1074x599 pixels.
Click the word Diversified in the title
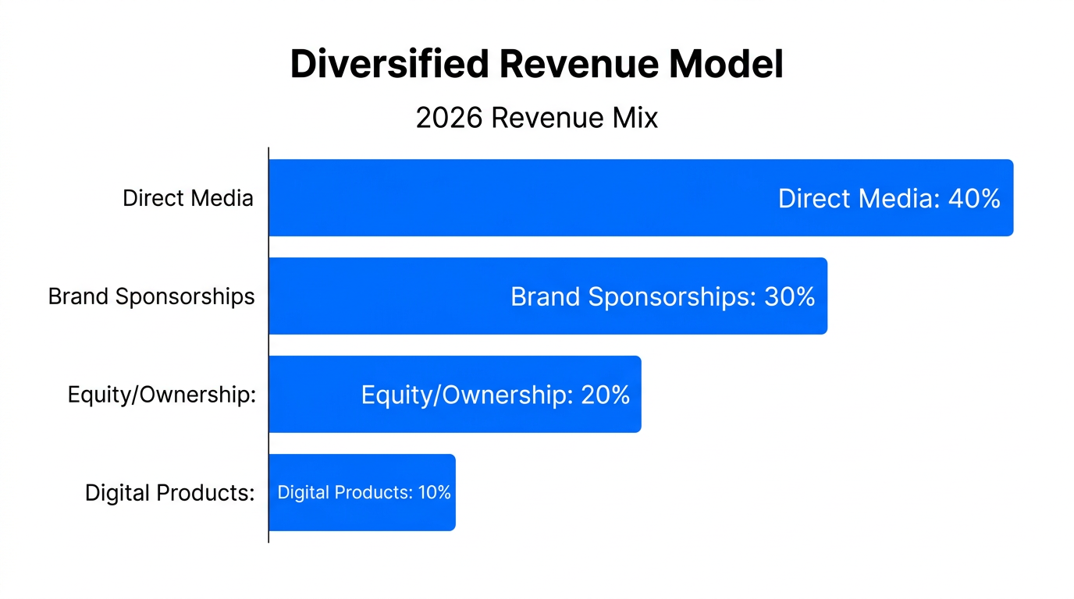[390, 65]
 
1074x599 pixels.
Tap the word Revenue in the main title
[580, 65]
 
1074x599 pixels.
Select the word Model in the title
[727, 65]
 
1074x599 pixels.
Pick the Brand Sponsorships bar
[390, 296]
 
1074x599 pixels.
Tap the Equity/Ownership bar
[312, 395]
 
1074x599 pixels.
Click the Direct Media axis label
[188, 198]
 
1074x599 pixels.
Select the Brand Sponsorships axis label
[151, 296]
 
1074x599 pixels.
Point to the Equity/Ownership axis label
[162, 395]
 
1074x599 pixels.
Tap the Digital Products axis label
[169, 493]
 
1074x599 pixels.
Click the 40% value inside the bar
[973, 199]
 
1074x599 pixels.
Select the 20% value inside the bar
[605, 395]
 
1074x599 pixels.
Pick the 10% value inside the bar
[434, 493]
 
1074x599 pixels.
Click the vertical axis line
[268, 343]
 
